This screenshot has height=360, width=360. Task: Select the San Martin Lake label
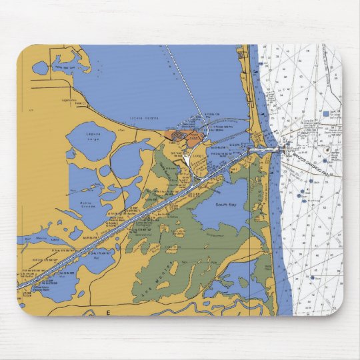pos(32,237)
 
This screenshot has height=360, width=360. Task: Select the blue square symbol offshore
pos(325,114)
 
